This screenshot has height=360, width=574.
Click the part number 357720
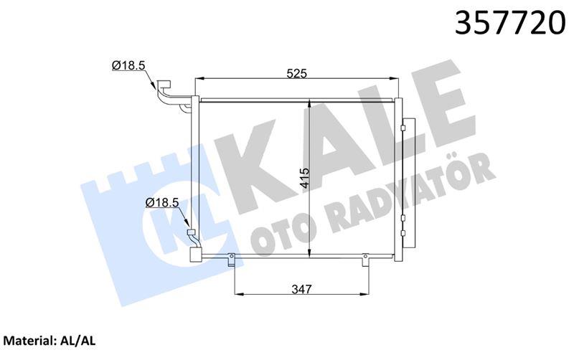click(x=510, y=22)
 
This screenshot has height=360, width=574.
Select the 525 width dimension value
click(x=296, y=74)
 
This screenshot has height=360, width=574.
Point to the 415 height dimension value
click(x=304, y=178)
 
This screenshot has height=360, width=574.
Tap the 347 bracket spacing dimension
click(x=302, y=289)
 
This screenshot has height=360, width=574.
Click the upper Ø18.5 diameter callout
click(x=129, y=65)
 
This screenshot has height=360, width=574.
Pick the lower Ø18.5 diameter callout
click(x=162, y=202)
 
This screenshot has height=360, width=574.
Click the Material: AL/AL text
click(x=50, y=341)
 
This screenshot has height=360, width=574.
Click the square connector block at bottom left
click(x=195, y=255)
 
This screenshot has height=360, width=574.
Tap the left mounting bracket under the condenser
click(x=231, y=260)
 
